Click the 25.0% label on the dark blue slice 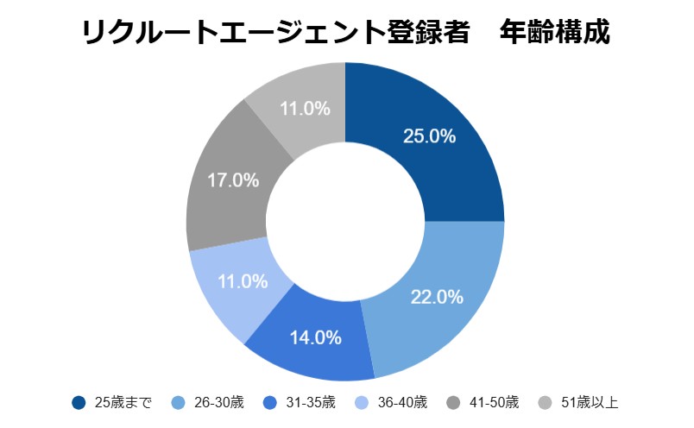[x=429, y=136]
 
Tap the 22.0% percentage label [x=438, y=297]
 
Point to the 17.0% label [x=233, y=180]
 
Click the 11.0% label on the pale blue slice [x=242, y=281]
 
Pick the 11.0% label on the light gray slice [x=305, y=109]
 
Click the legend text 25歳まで [x=123, y=403]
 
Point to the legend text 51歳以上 [x=590, y=403]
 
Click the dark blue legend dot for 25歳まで [x=79, y=403]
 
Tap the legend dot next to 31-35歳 [x=269, y=403]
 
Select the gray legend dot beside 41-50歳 [x=452, y=403]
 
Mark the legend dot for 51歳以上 [x=544, y=403]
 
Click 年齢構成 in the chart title [x=559, y=32]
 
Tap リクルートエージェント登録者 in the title [x=275, y=32]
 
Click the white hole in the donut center [x=345, y=222]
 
